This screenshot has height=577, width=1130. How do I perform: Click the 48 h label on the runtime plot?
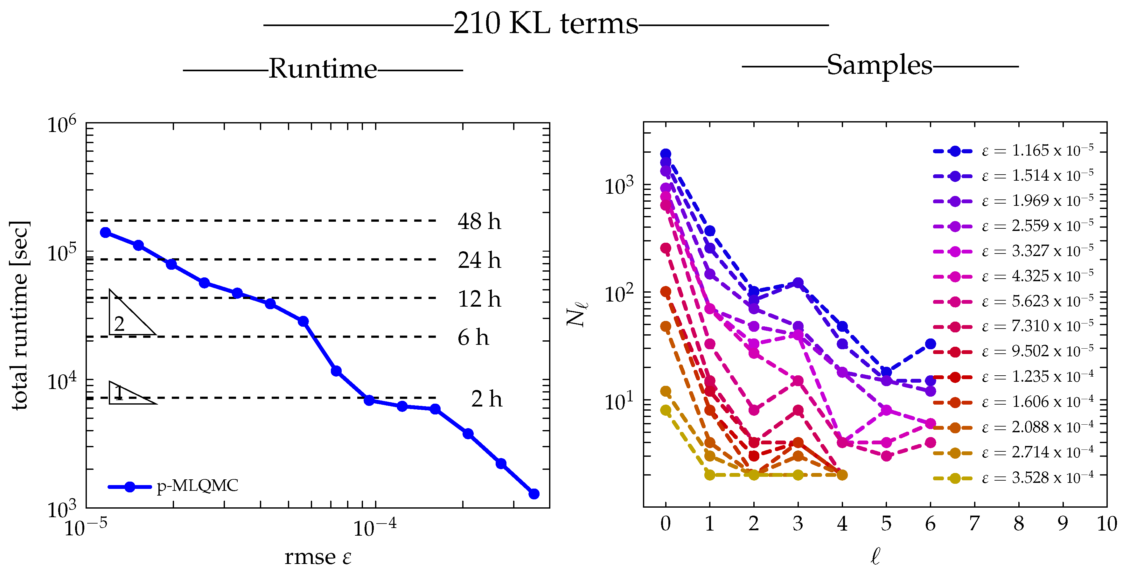click(x=479, y=221)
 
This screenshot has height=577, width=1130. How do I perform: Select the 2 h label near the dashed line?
click(x=486, y=399)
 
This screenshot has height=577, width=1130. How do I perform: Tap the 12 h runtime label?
click(x=479, y=299)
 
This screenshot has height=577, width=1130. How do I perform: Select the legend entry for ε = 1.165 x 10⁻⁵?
click(x=1013, y=151)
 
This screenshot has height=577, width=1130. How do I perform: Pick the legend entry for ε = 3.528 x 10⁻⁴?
click(x=1013, y=478)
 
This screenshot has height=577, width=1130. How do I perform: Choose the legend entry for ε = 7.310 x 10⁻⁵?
click(x=1013, y=327)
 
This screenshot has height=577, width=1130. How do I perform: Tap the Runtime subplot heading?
click(x=323, y=69)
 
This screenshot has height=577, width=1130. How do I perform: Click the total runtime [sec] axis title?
click(x=20, y=316)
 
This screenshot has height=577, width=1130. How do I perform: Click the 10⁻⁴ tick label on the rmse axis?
click(x=375, y=527)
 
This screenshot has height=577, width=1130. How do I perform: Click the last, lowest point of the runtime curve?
click(x=534, y=494)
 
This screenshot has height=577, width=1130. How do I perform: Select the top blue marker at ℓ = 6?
click(x=931, y=344)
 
